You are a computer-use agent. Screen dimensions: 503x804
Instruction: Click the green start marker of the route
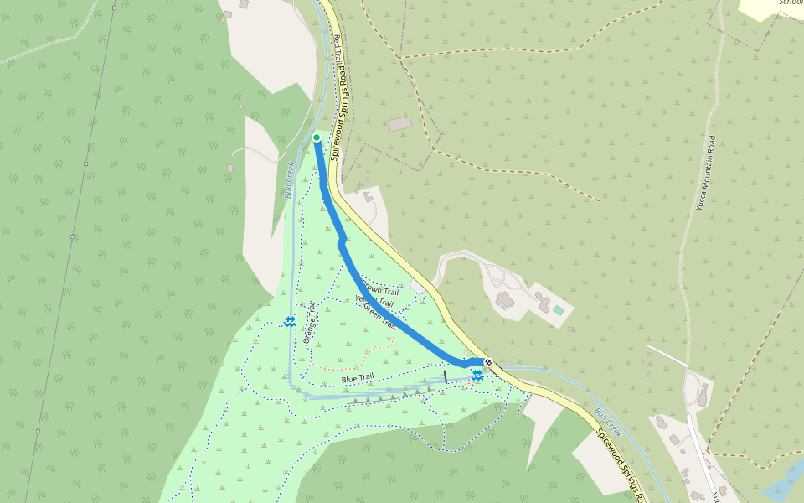coord(317,137)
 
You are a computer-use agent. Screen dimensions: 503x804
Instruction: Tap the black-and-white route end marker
coord(488,362)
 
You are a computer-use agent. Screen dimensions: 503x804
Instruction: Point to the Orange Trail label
coord(309,323)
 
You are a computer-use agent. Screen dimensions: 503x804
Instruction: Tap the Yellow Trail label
coord(374,300)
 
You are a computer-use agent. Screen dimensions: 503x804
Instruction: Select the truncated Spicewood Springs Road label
coord(621,465)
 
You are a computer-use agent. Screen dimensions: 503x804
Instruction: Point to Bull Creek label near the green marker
coord(288,179)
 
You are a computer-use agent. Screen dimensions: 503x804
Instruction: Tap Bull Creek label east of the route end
coord(608,423)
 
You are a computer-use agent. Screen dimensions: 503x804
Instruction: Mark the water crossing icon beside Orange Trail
coord(290,322)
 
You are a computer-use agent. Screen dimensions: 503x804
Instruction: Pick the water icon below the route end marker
coord(477,376)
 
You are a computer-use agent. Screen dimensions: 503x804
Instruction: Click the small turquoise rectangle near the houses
coord(559,310)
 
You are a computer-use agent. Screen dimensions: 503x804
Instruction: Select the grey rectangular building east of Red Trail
coord(400,124)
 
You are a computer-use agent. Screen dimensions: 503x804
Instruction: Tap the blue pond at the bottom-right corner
coord(784,482)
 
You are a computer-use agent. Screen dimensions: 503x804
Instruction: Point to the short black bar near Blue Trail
coord(446,377)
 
